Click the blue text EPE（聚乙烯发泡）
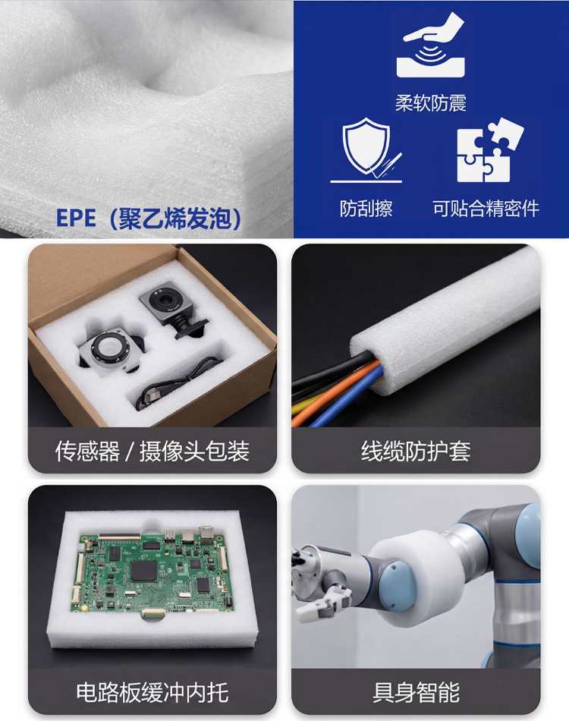(149, 218)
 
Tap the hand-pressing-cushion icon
(432, 46)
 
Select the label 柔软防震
(431, 102)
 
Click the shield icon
(366, 150)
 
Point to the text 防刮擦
(366, 208)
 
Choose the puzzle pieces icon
(490, 150)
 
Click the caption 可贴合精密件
(486, 208)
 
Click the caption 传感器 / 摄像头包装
(152, 451)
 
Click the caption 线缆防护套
(416, 451)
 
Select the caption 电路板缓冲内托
(152, 692)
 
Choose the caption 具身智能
(416, 692)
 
